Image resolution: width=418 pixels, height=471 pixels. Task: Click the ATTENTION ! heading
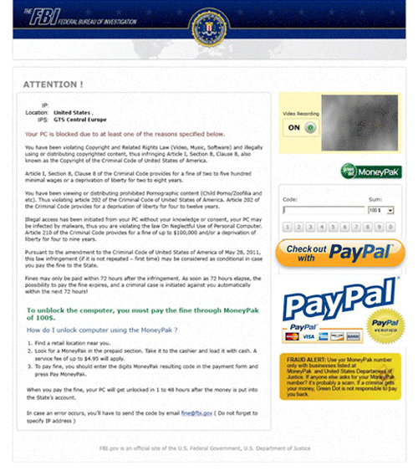click(53, 84)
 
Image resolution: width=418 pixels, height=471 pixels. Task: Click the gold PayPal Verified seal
click(386, 324)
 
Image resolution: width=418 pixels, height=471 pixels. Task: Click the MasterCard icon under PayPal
click(292, 336)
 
